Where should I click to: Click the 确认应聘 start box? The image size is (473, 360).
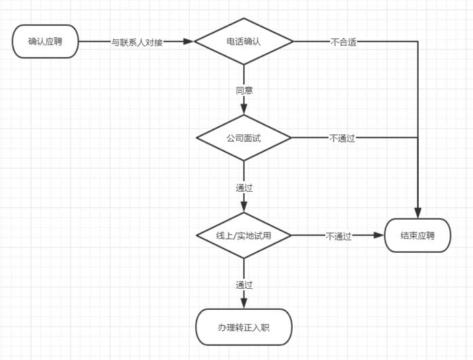pos(45,41)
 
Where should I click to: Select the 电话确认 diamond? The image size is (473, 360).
pos(244,41)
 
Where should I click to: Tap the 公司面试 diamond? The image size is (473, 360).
pos(244,138)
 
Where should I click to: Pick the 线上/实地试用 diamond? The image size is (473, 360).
pos(244,235)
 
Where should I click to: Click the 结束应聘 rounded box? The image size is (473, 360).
pos(417,235)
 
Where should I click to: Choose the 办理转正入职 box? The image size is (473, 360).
pos(244,327)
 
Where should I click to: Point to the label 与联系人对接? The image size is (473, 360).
pos(137,41)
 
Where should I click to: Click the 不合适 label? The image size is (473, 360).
pos(344,41)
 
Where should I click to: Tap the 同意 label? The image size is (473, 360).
pos(244,90)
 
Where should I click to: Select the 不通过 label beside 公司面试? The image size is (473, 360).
pos(342,138)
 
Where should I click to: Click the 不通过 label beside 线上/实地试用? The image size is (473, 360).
pos(339,236)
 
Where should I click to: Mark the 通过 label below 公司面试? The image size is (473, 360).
pos(244,187)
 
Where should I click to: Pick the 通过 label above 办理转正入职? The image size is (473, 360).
pos(244,284)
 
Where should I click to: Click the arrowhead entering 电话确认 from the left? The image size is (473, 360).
pos(189,41)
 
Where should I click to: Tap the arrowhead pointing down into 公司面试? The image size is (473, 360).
pos(244,110)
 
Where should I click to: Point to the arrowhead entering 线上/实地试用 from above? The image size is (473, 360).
pos(244,207)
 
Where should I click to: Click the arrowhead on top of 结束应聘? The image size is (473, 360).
pos(417,213)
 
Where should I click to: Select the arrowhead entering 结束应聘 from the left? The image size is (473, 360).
pos(379,235)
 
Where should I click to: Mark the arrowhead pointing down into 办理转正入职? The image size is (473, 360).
pos(244,304)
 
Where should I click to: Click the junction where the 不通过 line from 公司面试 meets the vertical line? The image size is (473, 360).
pos(417,138)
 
